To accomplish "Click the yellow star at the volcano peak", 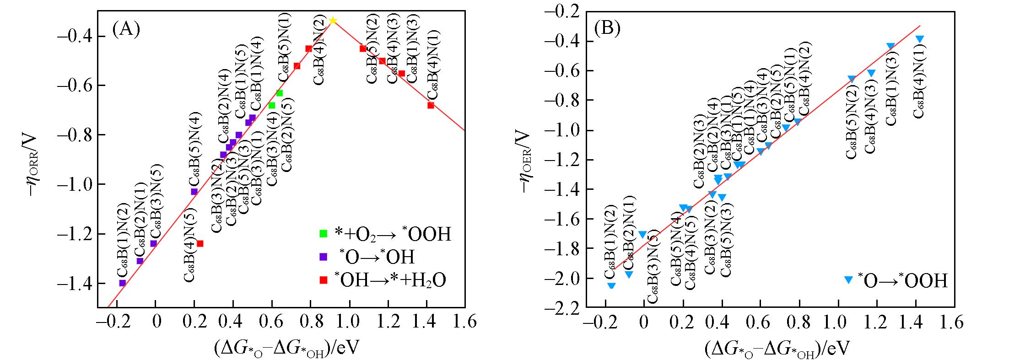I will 333,21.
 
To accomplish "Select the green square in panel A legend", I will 324,233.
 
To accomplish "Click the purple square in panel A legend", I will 324,257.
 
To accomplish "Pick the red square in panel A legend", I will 324,280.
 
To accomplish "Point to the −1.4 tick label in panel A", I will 76,284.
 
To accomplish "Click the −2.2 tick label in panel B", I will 559,307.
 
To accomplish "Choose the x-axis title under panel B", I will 776,349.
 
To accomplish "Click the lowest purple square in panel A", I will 122,283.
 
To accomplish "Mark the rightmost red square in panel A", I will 431,105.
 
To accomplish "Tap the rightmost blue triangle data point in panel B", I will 920,39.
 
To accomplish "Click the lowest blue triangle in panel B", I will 611,286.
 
